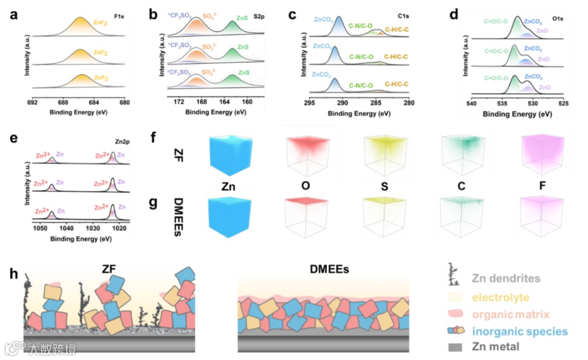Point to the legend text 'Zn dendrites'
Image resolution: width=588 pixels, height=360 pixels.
506,278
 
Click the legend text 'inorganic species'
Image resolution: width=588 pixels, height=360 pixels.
520,331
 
